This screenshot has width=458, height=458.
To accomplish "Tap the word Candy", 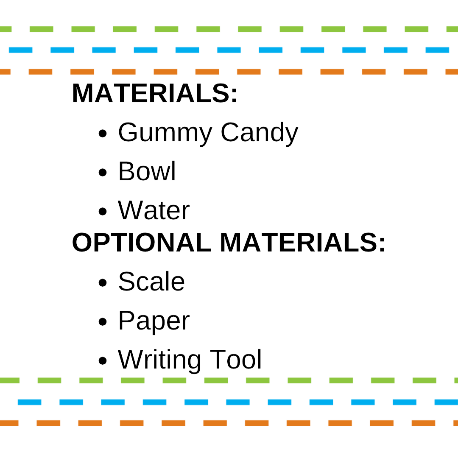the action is click(x=259, y=133).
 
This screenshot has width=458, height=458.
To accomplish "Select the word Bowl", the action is click(x=147, y=171).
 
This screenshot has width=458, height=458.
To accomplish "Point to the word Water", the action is click(x=154, y=210).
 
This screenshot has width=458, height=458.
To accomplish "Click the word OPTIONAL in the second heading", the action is click(x=141, y=243).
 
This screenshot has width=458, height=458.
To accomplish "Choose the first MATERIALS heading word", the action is click(x=151, y=93).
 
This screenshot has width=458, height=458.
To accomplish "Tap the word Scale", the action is click(x=151, y=282).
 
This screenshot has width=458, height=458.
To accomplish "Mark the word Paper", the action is click(x=154, y=321).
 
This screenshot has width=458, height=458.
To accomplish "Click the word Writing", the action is click(x=159, y=360).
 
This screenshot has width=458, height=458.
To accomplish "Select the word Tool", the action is click(x=236, y=360).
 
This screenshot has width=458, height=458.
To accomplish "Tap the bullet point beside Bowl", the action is click(x=103, y=173).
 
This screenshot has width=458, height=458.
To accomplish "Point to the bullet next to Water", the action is click(x=103, y=212).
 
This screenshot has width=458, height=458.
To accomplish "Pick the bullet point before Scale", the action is click(x=103, y=283).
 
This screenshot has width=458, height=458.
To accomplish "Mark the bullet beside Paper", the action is click(x=103, y=322).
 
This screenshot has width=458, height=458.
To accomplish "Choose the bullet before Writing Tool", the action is click(x=103, y=361).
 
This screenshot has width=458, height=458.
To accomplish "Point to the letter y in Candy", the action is click(x=291, y=136).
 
